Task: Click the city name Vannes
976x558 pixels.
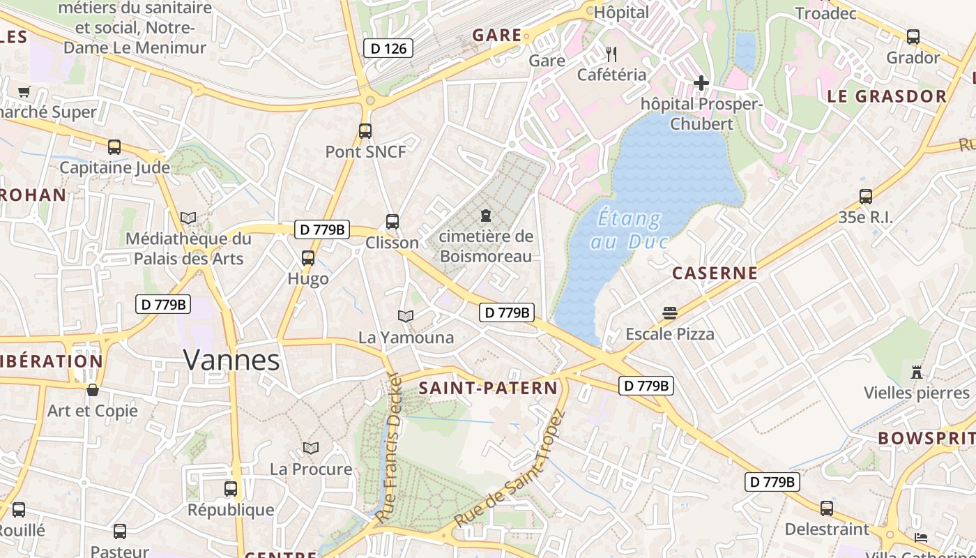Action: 231,360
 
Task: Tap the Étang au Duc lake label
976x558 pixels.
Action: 630,229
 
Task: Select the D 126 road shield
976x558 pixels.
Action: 388,48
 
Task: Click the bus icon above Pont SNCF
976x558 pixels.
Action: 365,130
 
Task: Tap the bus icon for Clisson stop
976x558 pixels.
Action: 392,222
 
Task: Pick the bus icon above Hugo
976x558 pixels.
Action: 307,258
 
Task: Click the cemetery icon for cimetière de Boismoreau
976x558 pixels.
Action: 486,216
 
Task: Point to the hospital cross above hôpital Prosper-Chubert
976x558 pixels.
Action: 701,83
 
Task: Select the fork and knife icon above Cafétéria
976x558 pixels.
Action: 611,54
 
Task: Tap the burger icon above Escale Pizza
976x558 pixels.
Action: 670,313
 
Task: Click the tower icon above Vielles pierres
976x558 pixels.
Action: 917,372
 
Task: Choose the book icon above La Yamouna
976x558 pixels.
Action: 406,317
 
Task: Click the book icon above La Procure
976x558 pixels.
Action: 311,448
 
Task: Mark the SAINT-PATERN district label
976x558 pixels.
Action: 488,389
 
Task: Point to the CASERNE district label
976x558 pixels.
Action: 715,273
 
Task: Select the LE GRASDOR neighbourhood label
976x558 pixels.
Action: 887,96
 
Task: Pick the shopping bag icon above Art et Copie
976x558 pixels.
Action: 92,390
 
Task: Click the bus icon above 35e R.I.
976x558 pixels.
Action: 865,197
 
